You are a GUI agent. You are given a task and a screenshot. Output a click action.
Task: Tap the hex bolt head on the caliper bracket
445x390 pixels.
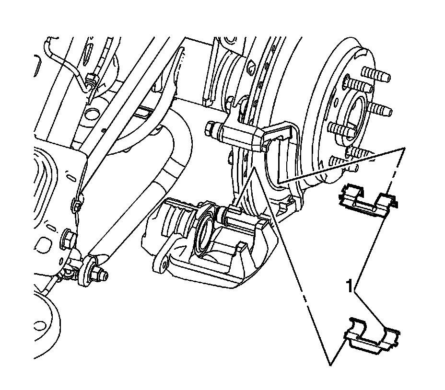(x=211, y=128)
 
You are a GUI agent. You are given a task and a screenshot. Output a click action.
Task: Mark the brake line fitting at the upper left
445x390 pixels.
(x=92, y=80)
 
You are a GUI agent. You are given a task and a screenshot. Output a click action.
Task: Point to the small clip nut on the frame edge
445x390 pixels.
(x=77, y=206)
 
